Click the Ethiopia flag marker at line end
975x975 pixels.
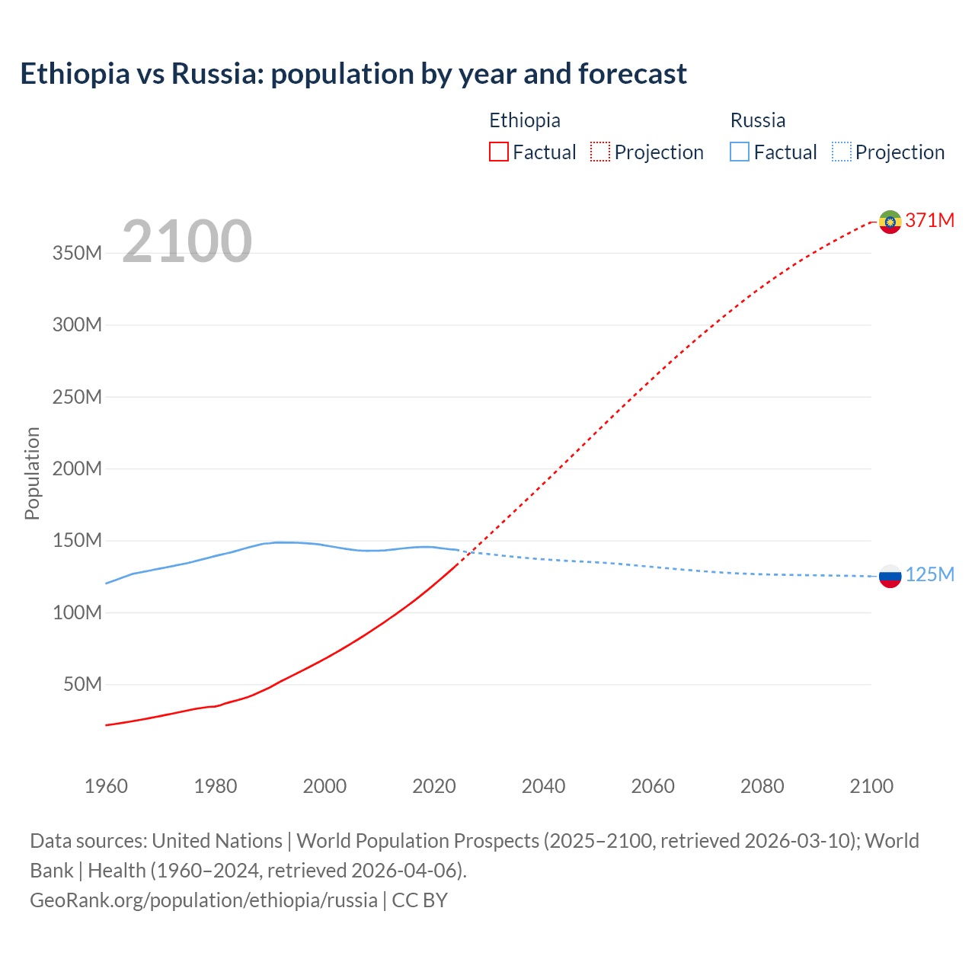coord(890,222)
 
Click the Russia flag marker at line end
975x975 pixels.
coord(890,576)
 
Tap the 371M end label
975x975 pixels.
coord(930,220)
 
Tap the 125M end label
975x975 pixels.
coord(930,574)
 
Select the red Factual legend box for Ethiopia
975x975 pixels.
coord(498,152)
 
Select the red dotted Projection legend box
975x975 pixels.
coord(600,152)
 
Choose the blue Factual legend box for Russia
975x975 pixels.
coord(740,152)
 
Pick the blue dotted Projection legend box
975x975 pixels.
coord(842,152)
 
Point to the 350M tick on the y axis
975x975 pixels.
coord(77,253)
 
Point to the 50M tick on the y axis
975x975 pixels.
coord(82,684)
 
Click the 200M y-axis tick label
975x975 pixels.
coord(77,468)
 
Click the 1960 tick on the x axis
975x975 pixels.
coord(106,786)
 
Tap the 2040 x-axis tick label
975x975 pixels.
coord(543,786)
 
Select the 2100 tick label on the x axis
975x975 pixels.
coord(871,786)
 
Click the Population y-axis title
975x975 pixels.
coord(32,473)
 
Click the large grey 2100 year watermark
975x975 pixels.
coord(187,241)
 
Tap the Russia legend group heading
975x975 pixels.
coord(758,120)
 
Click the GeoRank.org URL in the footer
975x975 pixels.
coord(203,900)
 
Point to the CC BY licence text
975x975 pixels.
coord(420,900)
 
